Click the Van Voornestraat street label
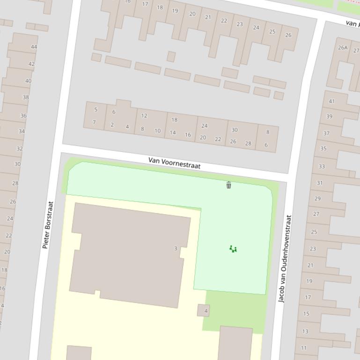click(x=174, y=163)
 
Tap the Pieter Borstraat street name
click(x=48, y=225)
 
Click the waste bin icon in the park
click(x=228, y=185)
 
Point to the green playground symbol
click(x=233, y=249)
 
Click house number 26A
click(x=343, y=48)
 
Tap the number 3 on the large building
click(x=176, y=248)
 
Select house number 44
click(x=34, y=47)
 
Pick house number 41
click(x=331, y=101)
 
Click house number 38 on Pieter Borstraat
click(x=26, y=98)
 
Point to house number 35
click(x=323, y=149)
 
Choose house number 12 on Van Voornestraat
click(x=144, y=116)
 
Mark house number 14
click(x=173, y=132)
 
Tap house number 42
click(x=31, y=64)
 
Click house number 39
click(x=329, y=116)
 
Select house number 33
click(x=322, y=166)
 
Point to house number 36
click(x=23, y=115)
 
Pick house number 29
click(x=318, y=199)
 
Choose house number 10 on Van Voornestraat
click(x=158, y=131)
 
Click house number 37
click(x=326, y=133)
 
